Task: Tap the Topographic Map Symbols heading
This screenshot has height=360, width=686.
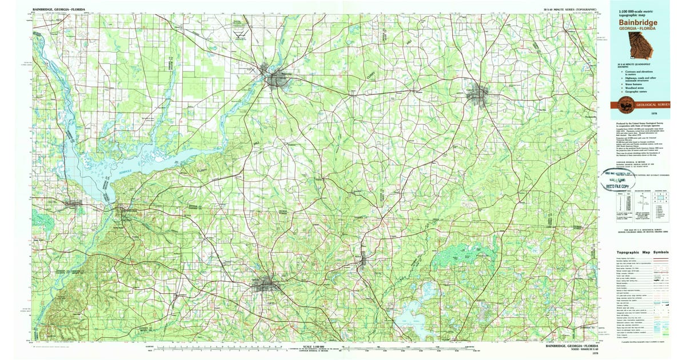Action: click(643, 253)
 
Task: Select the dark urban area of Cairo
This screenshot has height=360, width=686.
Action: click(476, 94)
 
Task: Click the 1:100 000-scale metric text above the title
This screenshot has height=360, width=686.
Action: click(635, 13)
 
